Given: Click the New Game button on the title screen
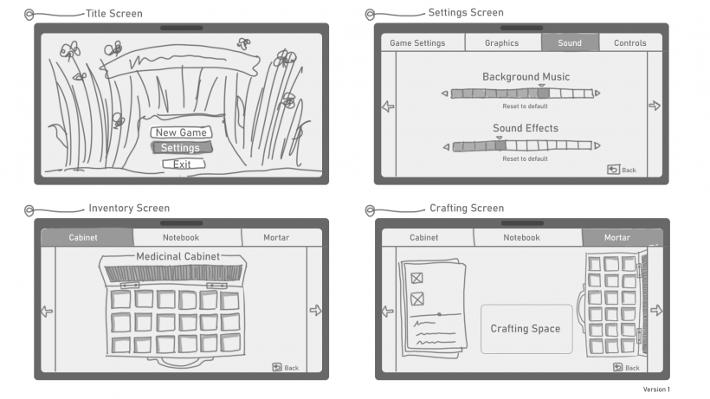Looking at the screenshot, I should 181,132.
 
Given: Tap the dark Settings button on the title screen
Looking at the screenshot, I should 180,148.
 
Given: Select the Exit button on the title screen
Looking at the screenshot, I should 182,164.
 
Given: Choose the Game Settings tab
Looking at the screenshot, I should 417,42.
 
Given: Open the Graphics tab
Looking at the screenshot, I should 502,42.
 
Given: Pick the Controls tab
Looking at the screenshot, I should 630,42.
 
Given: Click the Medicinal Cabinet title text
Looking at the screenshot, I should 178,256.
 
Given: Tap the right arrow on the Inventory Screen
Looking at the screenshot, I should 315,310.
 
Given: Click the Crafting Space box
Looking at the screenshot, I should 526,329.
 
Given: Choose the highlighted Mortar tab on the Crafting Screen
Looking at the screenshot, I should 617,237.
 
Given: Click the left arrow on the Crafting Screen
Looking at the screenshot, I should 387,311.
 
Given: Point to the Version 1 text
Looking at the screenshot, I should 655,389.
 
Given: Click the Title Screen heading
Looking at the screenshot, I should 114,14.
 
